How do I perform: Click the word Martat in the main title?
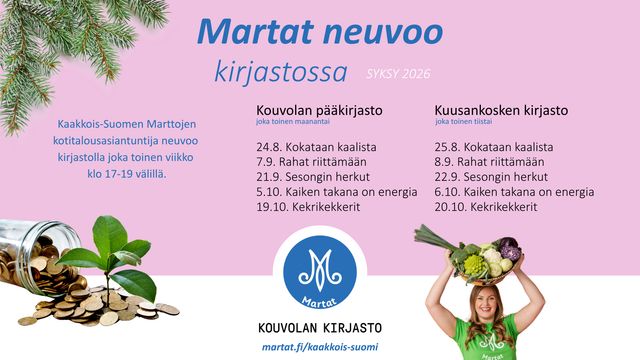pyautogui.click(x=256, y=31)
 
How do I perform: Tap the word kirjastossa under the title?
pyautogui.click(x=281, y=72)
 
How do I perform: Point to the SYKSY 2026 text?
pyautogui.click(x=398, y=74)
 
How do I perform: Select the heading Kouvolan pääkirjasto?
pyautogui.click(x=319, y=110)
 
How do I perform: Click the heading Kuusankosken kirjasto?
pyautogui.click(x=501, y=110)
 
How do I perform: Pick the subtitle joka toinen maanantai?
pyautogui.click(x=293, y=122)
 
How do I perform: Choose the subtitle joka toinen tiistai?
pyautogui.click(x=463, y=122)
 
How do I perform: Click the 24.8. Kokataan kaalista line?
pyautogui.click(x=316, y=147)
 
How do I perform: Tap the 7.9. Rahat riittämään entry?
pyautogui.click(x=311, y=162)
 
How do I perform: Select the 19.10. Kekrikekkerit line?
pyautogui.click(x=308, y=207)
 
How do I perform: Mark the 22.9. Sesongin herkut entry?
pyautogui.click(x=491, y=177)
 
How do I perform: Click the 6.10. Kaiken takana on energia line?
pyautogui.click(x=514, y=192)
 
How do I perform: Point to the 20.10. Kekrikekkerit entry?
pyautogui.click(x=486, y=207)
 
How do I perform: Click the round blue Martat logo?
pyautogui.click(x=320, y=271)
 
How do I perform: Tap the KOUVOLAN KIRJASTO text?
pyautogui.click(x=320, y=327)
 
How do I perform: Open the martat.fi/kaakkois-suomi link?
pyautogui.click(x=320, y=347)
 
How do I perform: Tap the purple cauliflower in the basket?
pyautogui.click(x=510, y=248)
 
